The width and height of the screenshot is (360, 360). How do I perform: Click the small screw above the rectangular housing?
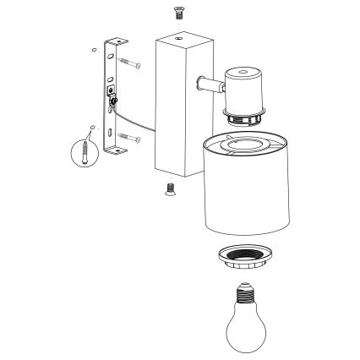point(178,12)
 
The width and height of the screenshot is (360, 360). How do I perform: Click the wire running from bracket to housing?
point(139,119)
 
